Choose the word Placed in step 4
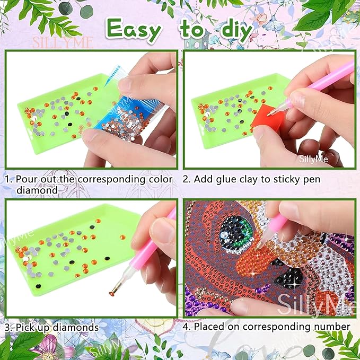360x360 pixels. pos(210,327)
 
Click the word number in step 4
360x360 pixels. pos(333,327)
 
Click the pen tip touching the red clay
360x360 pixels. pos(270,112)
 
